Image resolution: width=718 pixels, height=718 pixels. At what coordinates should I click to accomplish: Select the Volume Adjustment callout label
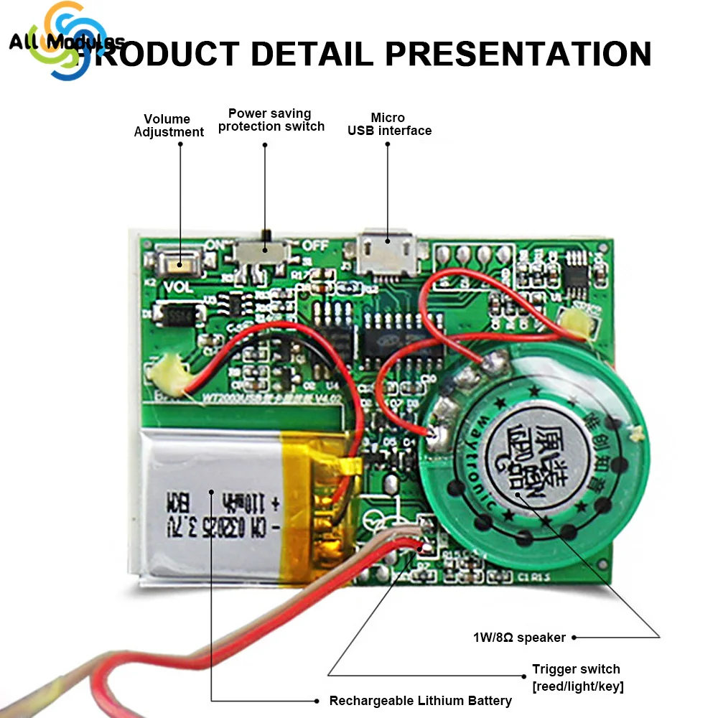click(168, 125)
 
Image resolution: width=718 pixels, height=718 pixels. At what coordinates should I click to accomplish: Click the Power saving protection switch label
click(271, 120)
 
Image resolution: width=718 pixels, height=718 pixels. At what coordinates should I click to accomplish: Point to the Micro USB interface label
click(389, 124)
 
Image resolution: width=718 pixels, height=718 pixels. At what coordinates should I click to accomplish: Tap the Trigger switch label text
click(577, 677)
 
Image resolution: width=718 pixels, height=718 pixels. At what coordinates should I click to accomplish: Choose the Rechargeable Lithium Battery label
click(420, 700)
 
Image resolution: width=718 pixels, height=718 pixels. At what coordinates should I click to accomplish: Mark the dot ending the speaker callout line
click(574, 636)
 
